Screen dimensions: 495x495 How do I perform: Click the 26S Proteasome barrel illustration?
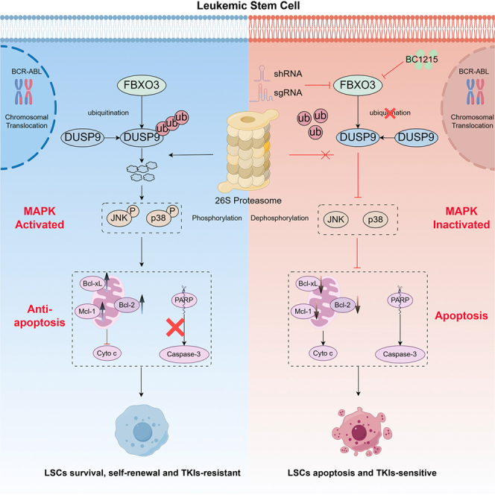coord(248,151)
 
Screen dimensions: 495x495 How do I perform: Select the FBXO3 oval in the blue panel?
coord(142,85)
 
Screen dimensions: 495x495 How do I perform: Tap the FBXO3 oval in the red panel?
coord(358,85)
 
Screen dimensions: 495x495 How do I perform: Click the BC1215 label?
coord(421,60)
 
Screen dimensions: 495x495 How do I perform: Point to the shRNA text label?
coord(288,74)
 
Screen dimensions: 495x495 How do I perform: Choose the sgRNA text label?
coord(288,92)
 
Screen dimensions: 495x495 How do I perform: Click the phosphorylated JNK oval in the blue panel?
coord(119,218)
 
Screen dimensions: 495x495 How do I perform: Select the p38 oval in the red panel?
coord(375,219)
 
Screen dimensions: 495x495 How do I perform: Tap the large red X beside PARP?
coord(175,327)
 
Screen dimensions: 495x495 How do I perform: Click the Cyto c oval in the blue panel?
coord(107,353)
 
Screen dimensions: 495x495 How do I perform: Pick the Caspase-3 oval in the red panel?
coord(400,354)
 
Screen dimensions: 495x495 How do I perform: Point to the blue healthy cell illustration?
coord(142,430)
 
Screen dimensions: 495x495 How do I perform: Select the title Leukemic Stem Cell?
coord(248,6)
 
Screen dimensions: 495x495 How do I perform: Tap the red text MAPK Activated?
coord(40,218)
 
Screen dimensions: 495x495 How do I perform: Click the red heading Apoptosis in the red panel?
coord(461,315)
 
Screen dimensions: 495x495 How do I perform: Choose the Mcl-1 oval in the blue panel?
coord(86,312)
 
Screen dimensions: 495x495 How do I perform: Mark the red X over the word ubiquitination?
coord(390,113)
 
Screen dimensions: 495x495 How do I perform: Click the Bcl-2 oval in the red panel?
coord(342,305)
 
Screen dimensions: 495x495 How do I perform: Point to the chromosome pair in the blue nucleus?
coord(24,92)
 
